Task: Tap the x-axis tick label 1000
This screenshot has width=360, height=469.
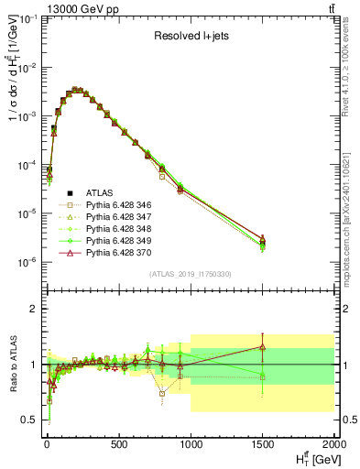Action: (x=191, y=445)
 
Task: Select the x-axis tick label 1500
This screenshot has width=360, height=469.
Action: (x=263, y=445)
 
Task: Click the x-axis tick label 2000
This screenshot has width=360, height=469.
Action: (x=333, y=445)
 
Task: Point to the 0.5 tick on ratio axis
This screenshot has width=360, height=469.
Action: (x=29, y=420)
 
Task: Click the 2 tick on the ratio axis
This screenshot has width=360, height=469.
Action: (x=34, y=309)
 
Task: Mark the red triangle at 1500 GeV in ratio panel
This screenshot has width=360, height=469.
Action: (x=263, y=347)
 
